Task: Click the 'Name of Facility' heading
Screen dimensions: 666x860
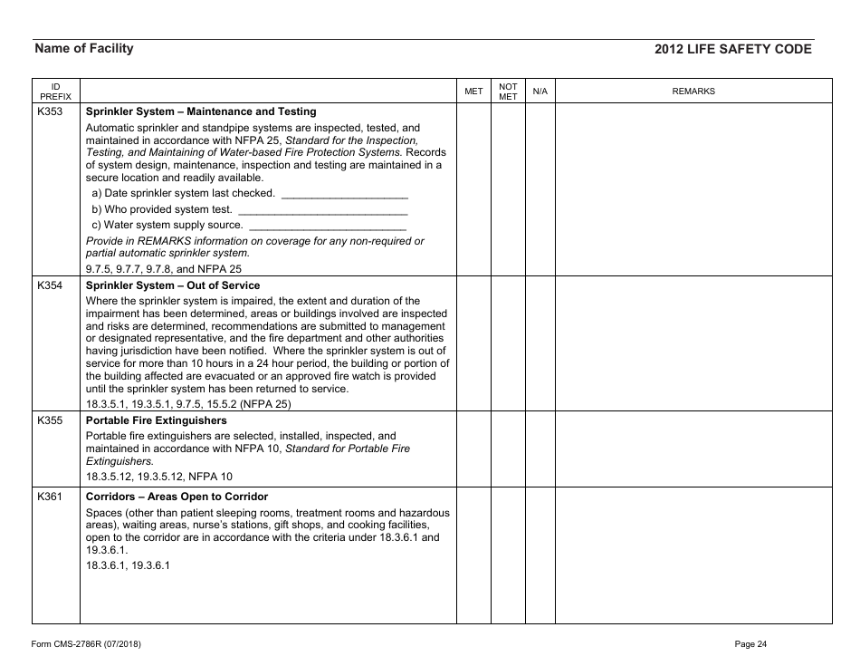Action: click(x=83, y=49)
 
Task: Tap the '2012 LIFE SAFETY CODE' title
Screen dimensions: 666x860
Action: click(x=732, y=50)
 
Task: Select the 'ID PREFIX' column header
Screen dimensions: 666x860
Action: click(x=55, y=91)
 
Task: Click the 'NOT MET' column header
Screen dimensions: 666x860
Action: click(x=508, y=91)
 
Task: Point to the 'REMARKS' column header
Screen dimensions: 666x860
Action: click(x=693, y=92)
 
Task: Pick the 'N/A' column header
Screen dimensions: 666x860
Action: click(x=540, y=92)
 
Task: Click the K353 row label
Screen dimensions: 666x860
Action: click(x=50, y=111)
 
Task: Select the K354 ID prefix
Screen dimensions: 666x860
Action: click(x=50, y=285)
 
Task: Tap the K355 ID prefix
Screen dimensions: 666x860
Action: click(x=50, y=420)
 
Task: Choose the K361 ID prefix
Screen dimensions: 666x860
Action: click(x=50, y=497)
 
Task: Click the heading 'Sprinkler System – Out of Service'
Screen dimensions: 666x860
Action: click(x=172, y=285)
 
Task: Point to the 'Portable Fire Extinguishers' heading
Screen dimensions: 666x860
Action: click(x=156, y=420)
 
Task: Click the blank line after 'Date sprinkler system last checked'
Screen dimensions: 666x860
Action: click(x=345, y=194)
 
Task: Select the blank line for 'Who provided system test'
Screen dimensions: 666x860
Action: click(x=321, y=210)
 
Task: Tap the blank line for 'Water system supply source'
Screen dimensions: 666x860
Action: click(x=327, y=226)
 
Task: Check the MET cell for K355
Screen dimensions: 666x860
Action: click(x=473, y=449)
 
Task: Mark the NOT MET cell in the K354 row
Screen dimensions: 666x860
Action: click(x=508, y=343)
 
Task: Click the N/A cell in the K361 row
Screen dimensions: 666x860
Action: click(x=540, y=555)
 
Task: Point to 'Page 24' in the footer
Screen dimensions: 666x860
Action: click(x=750, y=644)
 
